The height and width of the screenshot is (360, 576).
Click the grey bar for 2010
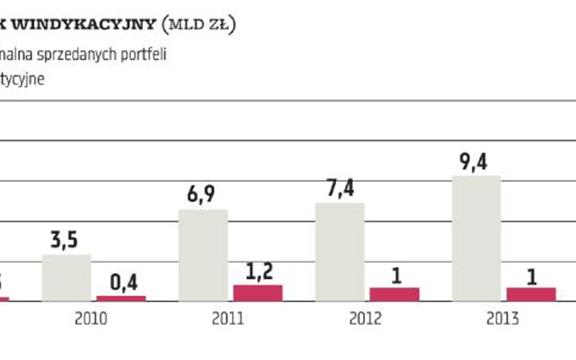66,277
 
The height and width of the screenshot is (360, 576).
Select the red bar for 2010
121,298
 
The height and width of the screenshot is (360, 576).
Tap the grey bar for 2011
203,255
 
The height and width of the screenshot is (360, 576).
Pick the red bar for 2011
258,293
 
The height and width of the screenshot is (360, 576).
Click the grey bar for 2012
340,252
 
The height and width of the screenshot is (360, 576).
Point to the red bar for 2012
394,294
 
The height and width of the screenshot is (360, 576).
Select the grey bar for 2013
476,239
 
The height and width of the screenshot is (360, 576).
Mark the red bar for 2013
531,294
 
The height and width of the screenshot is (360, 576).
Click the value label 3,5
64,240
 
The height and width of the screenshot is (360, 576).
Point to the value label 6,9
201,195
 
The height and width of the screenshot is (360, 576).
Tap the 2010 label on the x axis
91,319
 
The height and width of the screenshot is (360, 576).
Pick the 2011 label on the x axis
228,319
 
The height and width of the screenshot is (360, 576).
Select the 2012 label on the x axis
365,319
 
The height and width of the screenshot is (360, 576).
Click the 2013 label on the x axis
502,319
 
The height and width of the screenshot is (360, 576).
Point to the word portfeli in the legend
146,53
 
